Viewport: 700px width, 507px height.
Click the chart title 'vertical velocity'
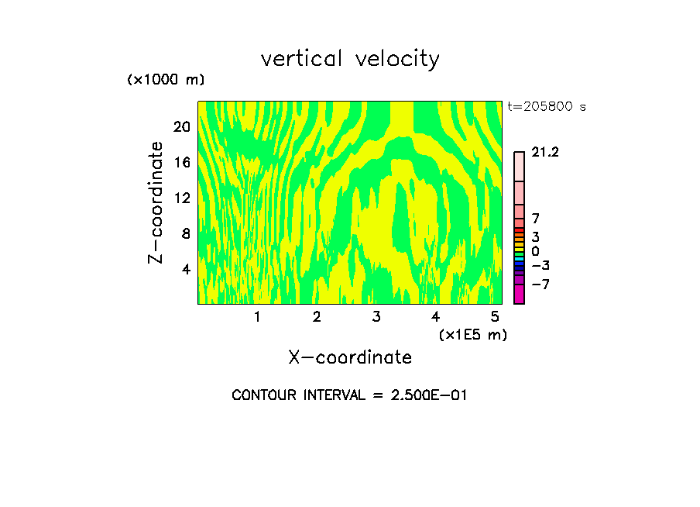click(350, 59)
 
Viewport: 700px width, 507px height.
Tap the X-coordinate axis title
click(350, 357)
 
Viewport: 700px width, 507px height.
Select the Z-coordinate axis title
click(156, 202)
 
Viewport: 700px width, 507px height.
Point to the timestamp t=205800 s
click(547, 107)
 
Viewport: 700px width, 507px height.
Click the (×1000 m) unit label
click(166, 80)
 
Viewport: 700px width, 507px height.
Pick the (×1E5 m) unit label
click(472, 335)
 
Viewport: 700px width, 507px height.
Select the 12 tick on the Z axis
click(181, 198)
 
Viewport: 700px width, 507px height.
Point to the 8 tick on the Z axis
click(185, 233)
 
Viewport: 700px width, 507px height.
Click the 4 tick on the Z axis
click(185, 269)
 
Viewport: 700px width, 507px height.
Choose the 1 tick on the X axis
click(257, 316)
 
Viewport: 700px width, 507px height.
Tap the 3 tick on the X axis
click(376, 316)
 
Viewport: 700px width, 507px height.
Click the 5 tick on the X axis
click(495, 316)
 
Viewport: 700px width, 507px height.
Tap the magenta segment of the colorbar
click(519, 294)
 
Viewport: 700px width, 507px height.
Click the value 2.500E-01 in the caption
click(423, 395)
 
